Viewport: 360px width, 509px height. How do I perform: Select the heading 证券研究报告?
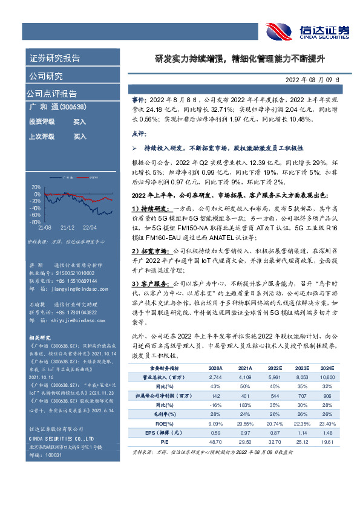pos(54,59)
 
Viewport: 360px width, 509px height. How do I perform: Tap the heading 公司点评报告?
pos(51,94)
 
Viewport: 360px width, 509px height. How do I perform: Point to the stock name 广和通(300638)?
pos(57,107)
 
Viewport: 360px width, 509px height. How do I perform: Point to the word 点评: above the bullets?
pos(139,132)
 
